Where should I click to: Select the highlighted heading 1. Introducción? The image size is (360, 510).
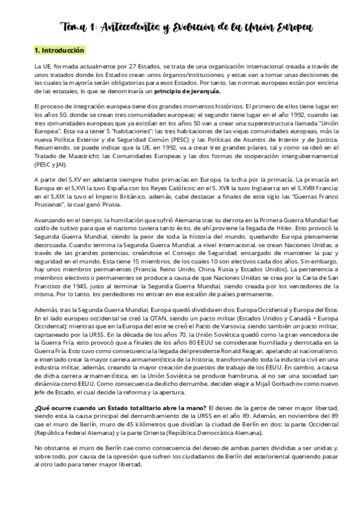coord(59,50)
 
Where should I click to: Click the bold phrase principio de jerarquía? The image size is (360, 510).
coord(187,91)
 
